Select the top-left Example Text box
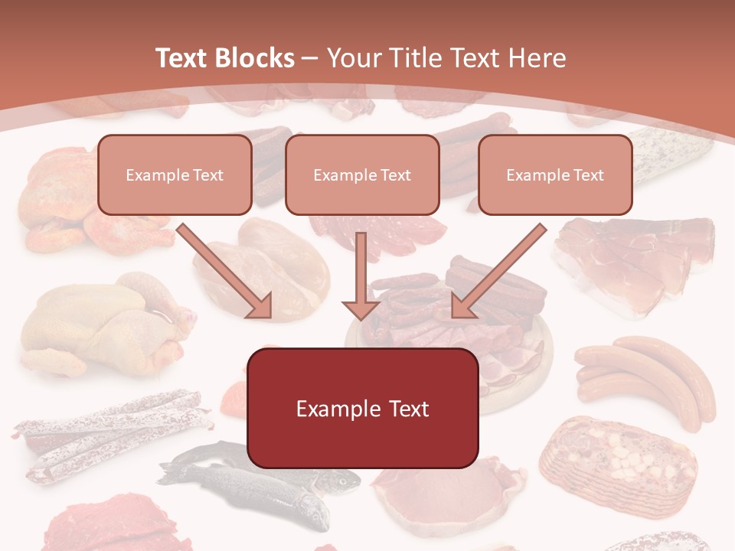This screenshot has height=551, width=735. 175,174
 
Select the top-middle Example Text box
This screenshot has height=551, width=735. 362,174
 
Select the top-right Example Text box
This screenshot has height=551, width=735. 555,174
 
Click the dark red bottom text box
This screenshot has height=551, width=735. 362,408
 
